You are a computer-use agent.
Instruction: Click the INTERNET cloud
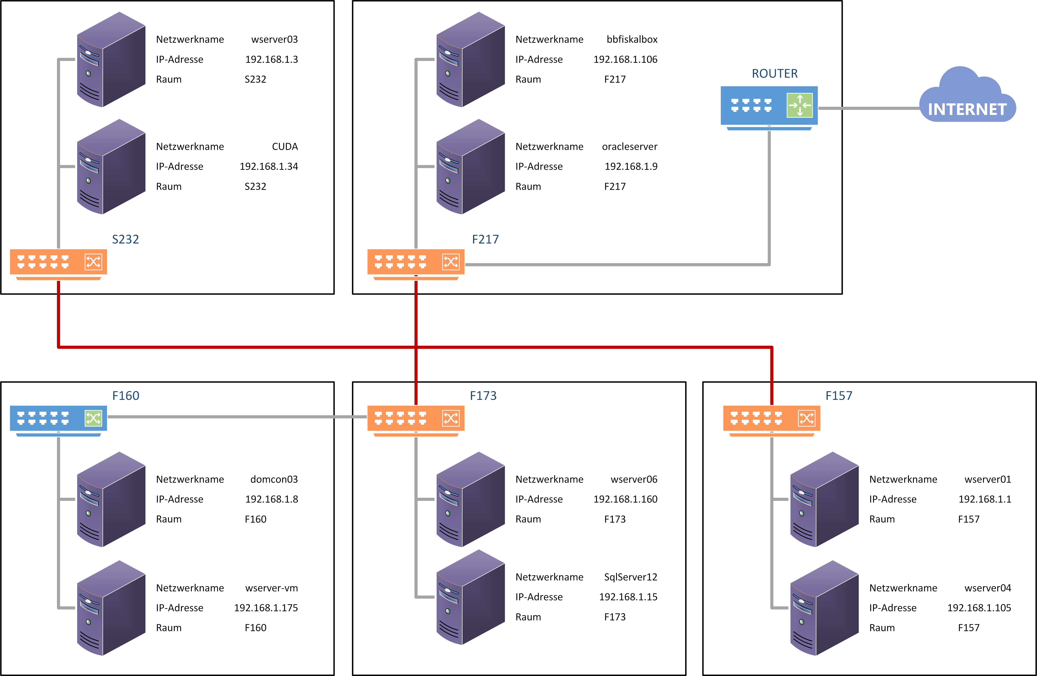pyautogui.click(x=967, y=98)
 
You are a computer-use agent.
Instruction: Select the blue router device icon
pyautogui.click(x=769, y=107)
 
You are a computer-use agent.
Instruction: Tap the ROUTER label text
pyautogui.click(x=775, y=74)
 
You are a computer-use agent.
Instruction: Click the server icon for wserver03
pyautogui.click(x=111, y=60)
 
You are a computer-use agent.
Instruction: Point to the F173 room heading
pyautogui.click(x=483, y=396)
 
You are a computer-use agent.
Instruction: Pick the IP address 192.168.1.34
pyautogui.click(x=269, y=166)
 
